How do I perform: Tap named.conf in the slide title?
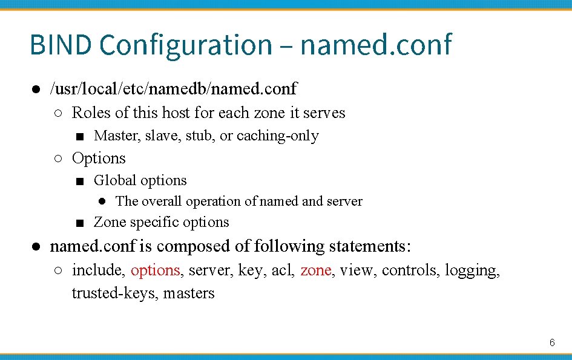pos(375,45)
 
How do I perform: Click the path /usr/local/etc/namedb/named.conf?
pos(173,89)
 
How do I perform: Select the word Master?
pos(117,136)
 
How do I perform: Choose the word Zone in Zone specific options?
pos(110,222)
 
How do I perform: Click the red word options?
pos(155,270)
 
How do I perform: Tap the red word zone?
pos(315,270)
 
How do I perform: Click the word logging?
pos(472,270)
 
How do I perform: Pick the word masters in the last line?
pos(189,293)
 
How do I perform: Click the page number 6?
pos(552,342)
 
